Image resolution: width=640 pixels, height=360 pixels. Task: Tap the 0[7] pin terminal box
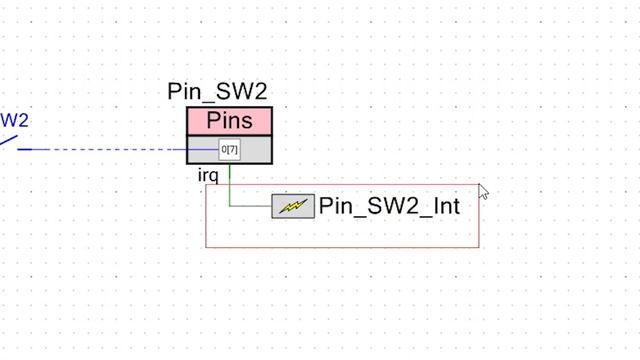(230, 150)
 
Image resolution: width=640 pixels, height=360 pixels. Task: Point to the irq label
(208, 176)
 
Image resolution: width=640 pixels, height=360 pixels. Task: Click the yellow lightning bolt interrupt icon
(293, 207)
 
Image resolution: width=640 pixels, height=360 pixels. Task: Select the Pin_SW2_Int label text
(389, 207)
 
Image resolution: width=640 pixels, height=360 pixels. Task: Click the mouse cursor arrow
(482, 190)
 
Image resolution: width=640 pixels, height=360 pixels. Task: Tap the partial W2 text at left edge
(14, 121)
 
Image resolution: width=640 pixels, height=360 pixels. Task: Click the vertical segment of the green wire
(230, 186)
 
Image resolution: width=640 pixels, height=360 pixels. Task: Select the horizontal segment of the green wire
(250, 207)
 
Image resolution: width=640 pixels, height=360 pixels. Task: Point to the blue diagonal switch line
(8, 142)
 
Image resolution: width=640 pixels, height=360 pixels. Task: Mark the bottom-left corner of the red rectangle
(206, 247)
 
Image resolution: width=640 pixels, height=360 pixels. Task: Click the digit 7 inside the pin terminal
(234, 150)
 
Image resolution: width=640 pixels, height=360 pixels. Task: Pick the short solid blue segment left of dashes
(33, 150)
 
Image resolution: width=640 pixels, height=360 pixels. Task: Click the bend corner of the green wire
(230, 207)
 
